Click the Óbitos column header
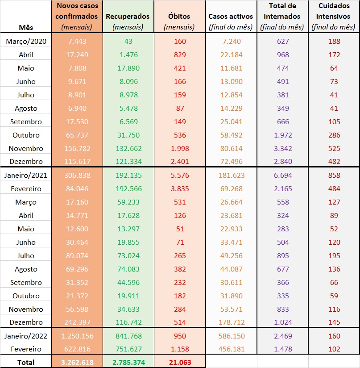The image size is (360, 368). pyautogui.click(x=179, y=17)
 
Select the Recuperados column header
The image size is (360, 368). pyautogui.click(x=128, y=17)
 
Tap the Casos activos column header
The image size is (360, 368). pyautogui.click(x=231, y=17)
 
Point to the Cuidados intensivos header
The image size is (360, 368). pyautogui.click(x=334, y=17)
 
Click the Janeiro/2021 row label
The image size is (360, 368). pyautogui.click(x=26, y=176)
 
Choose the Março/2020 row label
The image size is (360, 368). pyautogui.click(x=26, y=42)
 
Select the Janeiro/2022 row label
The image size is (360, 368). pyautogui.click(x=26, y=336)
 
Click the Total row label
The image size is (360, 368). pyautogui.click(x=26, y=362)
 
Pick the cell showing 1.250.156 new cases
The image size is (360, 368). pyautogui.click(x=77, y=336)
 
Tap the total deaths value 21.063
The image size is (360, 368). pyautogui.click(x=179, y=362)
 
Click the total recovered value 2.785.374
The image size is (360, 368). pyautogui.click(x=128, y=362)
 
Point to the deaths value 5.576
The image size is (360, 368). pyautogui.click(x=179, y=176)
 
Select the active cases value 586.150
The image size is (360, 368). pyautogui.click(x=231, y=336)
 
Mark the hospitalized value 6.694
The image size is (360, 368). pyautogui.click(x=282, y=176)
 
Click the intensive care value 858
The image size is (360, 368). pyautogui.click(x=334, y=176)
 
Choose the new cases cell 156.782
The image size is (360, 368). pyautogui.click(x=77, y=149)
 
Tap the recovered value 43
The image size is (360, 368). pyautogui.click(x=128, y=42)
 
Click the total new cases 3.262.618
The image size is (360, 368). pyautogui.click(x=77, y=362)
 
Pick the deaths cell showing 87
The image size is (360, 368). pyautogui.click(x=179, y=109)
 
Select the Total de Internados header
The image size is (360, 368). pyautogui.click(x=282, y=17)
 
